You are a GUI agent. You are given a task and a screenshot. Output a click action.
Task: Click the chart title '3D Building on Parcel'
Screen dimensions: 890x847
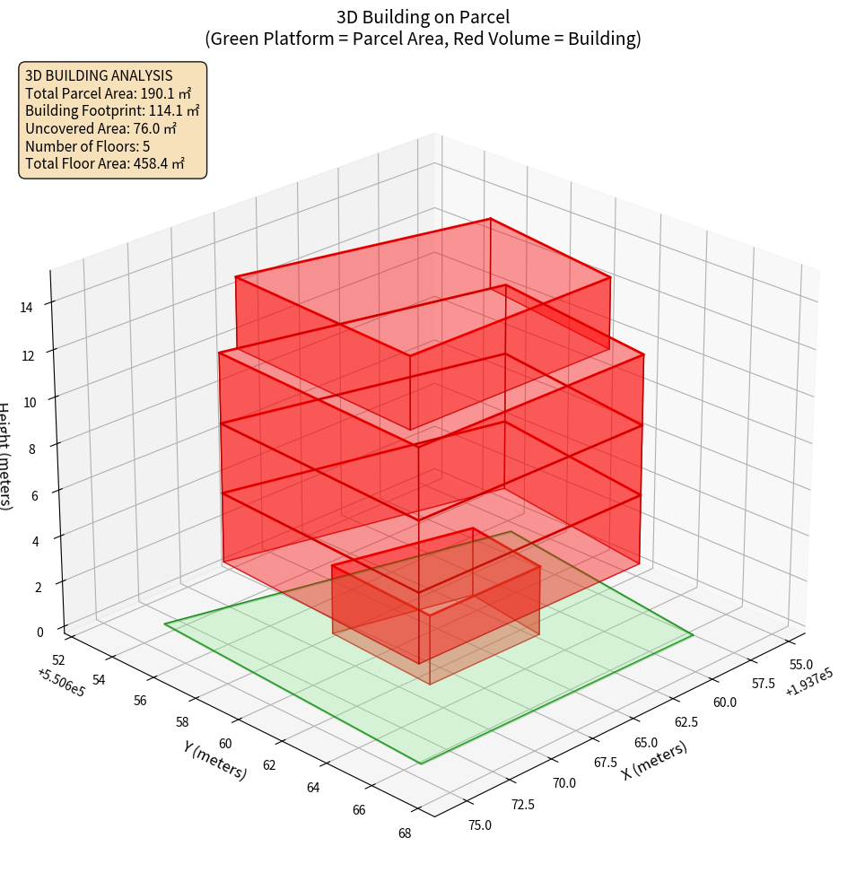tap(423, 17)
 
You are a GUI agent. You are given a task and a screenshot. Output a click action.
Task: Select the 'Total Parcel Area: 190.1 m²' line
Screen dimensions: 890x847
tap(109, 93)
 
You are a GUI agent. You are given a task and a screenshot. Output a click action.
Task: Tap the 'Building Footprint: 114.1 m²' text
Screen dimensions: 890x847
tap(112, 111)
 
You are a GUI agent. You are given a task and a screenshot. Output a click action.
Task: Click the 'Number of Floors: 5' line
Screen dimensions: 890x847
tap(87, 146)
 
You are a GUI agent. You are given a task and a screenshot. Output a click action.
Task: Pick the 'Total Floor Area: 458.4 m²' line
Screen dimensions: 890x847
tap(105, 164)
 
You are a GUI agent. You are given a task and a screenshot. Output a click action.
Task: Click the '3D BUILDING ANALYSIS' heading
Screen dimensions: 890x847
tap(99, 76)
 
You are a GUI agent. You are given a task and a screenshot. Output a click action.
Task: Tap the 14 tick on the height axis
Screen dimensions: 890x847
tap(29, 308)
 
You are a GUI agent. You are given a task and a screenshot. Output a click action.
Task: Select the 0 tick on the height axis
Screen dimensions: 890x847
tap(39, 632)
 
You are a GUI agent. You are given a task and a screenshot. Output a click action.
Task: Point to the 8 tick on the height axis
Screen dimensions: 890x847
tap(32, 448)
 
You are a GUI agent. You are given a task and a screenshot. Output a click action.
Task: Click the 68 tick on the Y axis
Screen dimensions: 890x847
tap(404, 833)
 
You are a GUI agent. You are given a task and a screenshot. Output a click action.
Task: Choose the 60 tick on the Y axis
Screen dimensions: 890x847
tap(224, 744)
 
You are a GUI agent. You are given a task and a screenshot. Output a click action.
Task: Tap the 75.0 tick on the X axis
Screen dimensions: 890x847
tap(479, 825)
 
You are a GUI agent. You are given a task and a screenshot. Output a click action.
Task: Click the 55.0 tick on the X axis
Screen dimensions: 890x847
tap(778, 665)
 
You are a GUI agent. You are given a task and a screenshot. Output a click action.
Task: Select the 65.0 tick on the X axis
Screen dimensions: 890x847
tap(645, 743)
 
